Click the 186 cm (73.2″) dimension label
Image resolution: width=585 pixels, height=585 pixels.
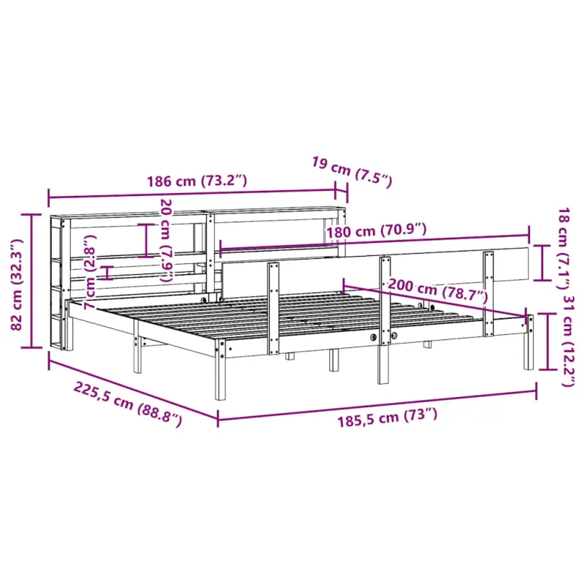[197, 181]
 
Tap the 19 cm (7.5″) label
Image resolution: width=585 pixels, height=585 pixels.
[352, 173]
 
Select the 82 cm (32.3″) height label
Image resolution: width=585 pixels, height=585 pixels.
[16, 284]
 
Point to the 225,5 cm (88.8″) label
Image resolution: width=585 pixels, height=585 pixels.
[128, 404]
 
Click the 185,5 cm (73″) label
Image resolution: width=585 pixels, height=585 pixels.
[388, 418]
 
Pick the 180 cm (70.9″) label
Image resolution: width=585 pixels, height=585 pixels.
[377, 231]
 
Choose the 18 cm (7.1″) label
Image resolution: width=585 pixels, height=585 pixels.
[562, 248]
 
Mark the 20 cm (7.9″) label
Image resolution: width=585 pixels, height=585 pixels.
[167, 241]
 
